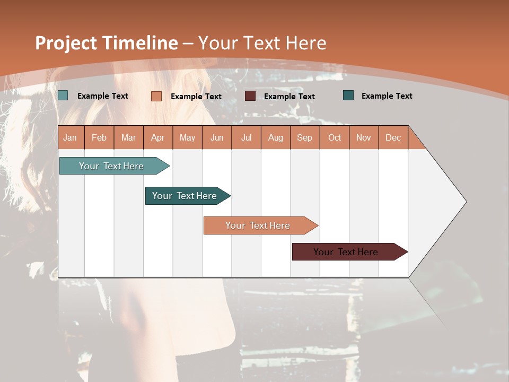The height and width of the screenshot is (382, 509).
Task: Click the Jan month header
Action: click(70, 137)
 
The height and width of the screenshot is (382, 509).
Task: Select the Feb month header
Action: click(99, 137)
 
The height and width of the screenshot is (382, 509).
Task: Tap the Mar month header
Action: click(128, 137)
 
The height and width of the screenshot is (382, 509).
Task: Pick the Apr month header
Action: click(158, 137)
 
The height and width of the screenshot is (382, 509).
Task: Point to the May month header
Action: click(187, 137)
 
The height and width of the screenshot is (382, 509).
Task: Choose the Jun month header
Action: click(217, 137)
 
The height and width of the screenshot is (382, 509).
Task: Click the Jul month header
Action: click(246, 137)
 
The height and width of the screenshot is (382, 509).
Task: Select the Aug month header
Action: click(276, 137)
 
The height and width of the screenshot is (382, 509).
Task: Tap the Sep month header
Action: click(305, 137)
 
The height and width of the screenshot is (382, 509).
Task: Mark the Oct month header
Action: click(335, 137)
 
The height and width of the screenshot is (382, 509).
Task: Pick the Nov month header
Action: click(364, 137)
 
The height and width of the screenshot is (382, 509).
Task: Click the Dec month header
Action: click(393, 137)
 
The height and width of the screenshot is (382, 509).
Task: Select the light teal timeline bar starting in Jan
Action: click(112, 166)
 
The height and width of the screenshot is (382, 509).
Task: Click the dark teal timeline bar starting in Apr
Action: click(185, 196)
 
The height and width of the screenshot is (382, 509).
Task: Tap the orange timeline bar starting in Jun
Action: click(258, 225)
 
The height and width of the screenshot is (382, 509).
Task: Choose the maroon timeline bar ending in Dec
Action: click(346, 252)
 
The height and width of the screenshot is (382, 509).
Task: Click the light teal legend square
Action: click(63, 95)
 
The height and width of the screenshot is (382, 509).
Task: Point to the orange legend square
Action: click(156, 96)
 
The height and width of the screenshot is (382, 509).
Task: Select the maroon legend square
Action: click(250, 96)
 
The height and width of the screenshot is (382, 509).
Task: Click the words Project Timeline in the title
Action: click(107, 43)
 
